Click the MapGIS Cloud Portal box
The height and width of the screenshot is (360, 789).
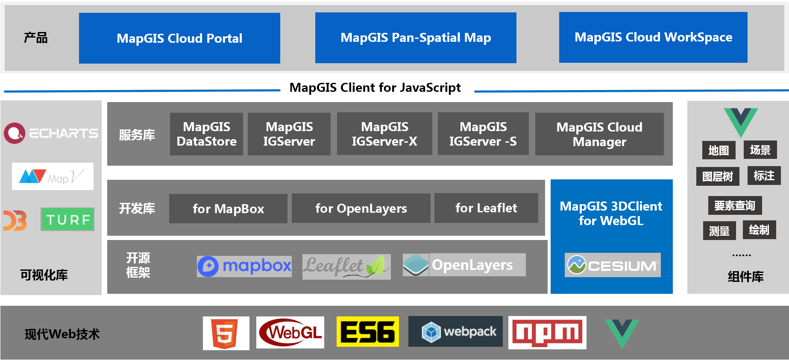coord(179,38)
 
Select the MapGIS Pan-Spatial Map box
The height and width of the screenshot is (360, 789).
coord(416,38)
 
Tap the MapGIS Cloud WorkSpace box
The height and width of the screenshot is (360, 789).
coord(653,37)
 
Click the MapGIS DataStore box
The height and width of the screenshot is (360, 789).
coord(206,134)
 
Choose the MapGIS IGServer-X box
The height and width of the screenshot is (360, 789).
coord(384,134)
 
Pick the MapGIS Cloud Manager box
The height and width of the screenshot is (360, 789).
coord(599,134)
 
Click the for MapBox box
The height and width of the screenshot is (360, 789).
coord(228,208)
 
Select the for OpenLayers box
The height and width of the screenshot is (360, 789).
coord(361,208)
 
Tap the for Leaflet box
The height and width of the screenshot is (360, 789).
coord(486,208)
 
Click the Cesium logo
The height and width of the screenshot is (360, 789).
coord(613,265)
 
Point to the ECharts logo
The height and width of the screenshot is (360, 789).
coord(51,133)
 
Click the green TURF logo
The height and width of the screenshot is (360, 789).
coord(67,220)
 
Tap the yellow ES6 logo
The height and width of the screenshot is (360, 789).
coord(368,331)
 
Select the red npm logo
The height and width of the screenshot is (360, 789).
coord(547,333)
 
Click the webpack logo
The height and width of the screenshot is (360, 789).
coord(455,331)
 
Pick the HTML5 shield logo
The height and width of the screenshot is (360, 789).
coord(226,333)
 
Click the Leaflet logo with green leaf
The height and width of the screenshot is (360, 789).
coord(346,267)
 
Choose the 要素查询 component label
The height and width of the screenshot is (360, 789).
coord(735,205)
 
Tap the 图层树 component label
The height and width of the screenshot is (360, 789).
coord(718,176)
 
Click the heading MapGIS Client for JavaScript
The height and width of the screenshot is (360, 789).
coord(375,88)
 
